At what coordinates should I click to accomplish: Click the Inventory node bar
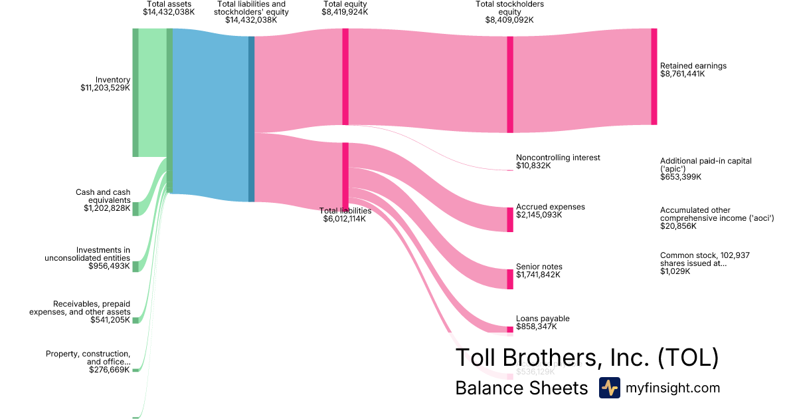(x=135, y=92)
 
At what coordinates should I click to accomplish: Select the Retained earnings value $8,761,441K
(x=682, y=74)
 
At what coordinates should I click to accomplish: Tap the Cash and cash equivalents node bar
(x=135, y=209)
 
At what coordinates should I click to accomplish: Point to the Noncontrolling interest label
(x=558, y=158)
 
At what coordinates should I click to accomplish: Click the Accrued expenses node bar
(x=510, y=219)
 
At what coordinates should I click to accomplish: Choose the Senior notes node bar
(x=510, y=279)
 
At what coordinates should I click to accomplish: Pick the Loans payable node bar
(x=510, y=329)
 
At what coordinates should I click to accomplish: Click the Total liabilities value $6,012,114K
(x=344, y=219)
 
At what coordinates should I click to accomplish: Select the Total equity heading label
(x=345, y=4)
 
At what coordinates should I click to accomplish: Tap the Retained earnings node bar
(x=654, y=76)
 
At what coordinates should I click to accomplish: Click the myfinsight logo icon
(x=609, y=388)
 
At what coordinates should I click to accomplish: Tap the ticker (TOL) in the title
(x=688, y=358)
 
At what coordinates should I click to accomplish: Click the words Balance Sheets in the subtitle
(x=521, y=388)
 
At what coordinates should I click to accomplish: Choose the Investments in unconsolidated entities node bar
(x=135, y=267)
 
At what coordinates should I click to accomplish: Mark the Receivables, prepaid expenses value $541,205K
(x=110, y=320)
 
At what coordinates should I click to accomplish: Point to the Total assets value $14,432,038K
(x=169, y=12)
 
